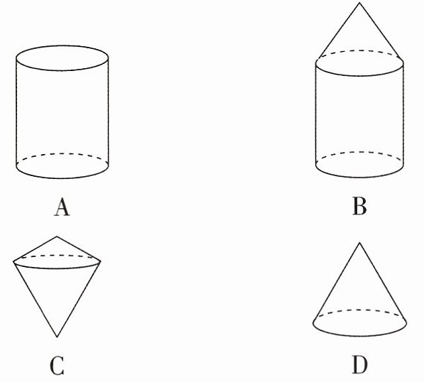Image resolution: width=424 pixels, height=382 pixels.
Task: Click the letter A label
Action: click(x=62, y=207)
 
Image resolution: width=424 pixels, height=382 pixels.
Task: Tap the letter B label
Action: click(x=359, y=207)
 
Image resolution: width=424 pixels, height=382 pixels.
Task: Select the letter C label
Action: click(x=57, y=366)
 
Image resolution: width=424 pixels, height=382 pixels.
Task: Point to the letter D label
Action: click(x=360, y=365)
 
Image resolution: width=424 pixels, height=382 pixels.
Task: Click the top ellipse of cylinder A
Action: click(x=62, y=70)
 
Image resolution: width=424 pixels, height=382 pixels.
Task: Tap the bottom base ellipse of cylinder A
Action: click(x=62, y=178)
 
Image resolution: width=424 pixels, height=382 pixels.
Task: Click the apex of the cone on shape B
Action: click(x=359, y=3)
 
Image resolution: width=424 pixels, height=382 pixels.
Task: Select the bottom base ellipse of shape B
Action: click(x=359, y=177)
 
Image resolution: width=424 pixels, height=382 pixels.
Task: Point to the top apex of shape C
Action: click(x=57, y=236)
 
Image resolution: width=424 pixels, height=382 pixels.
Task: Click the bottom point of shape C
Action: click(x=57, y=337)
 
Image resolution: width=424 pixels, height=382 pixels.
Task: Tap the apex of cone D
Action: click(x=359, y=243)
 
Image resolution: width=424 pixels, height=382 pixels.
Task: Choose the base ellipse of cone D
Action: click(x=360, y=336)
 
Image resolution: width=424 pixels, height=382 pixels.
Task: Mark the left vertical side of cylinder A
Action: click(x=16, y=111)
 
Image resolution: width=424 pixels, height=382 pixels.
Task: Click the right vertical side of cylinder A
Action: click(x=109, y=111)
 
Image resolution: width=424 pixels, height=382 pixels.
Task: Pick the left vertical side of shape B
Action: click(x=316, y=114)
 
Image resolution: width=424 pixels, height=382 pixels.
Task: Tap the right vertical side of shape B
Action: click(x=403, y=114)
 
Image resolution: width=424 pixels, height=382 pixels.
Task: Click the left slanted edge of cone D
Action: click(x=337, y=283)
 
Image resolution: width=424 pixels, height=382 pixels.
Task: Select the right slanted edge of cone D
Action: click(x=383, y=283)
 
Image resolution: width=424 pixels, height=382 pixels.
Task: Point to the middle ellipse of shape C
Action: click(x=57, y=268)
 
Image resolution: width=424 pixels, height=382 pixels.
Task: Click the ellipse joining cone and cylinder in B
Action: click(x=359, y=75)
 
